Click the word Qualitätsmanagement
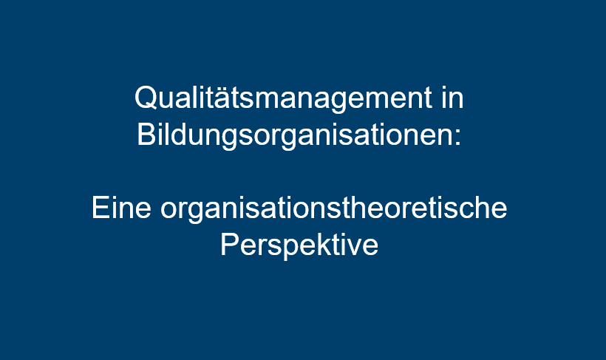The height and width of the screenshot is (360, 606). (x=283, y=99)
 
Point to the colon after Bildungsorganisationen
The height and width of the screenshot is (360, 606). (x=458, y=137)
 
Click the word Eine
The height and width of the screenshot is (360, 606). (x=121, y=208)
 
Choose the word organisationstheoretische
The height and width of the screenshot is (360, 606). (x=333, y=209)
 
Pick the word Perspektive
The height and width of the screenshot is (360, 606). (x=299, y=246)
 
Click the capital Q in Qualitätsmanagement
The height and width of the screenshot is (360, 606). (x=146, y=98)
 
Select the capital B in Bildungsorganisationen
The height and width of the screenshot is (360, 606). (x=146, y=135)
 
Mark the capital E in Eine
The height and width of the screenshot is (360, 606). (x=100, y=208)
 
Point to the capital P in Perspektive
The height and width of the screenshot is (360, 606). (x=229, y=245)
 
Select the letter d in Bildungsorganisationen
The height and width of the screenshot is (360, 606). (x=176, y=135)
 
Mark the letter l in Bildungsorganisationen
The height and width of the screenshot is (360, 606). (x=164, y=135)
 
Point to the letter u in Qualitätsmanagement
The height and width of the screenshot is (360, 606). (x=165, y=101)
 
